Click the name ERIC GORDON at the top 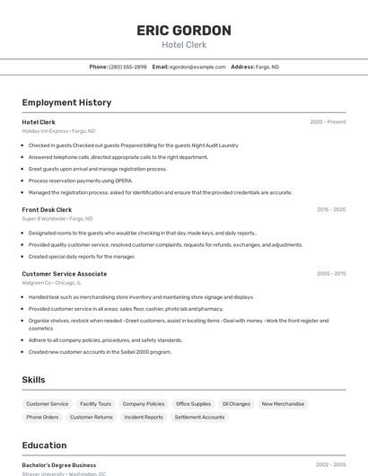pyautogui.click(x=184, y=31)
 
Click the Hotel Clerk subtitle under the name pyautogui.click(x=184, y=45)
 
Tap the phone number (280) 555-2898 pyautogui.click(x=127, y=66)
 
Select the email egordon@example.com pyautogui.click(x=197, y=66)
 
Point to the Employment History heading pyautogui.click(x=66, y=102)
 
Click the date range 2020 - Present pyautogui.click(x=328, y=122)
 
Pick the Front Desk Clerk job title pyautogui.click(x=47, y=209)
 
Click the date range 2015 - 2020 pyautogui.click(x=330, y=209)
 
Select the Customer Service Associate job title pyautogui.click(x=65, y=274)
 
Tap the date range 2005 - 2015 pyautogui.click(x=330, y=274)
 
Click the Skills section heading pyautogui.click(x=33, y=380)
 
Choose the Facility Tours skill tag pyautogui.click(x=95, y=404)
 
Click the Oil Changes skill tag pyautogui.click(x=236, y=404)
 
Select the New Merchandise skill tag pyautogui.click(x=283, y=404)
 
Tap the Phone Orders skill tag pyautogui.click(x=42, y=417)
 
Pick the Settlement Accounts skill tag pyautogui.click(x=199, y=417)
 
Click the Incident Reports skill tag pyautogui.click(x=144, y=417)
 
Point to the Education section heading pyautogui.click(x=45, y=445)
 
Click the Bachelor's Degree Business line pyautogui.click(x=59, y=465)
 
